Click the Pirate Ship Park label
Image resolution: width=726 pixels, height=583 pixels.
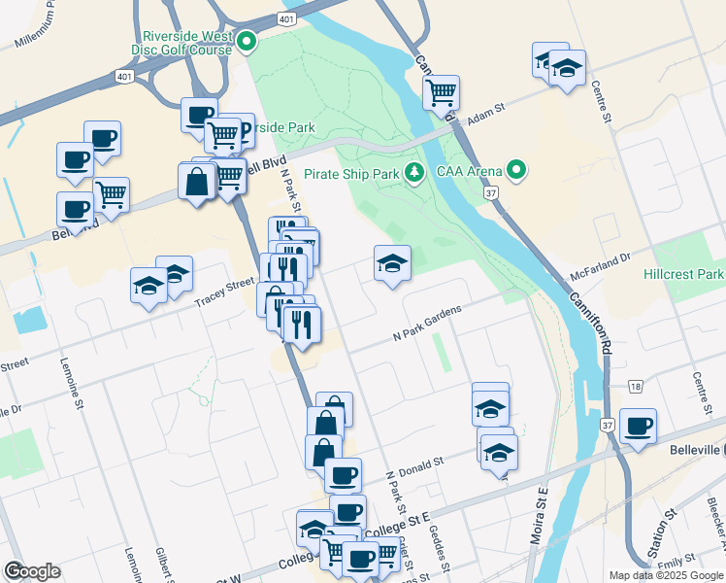point(351,174)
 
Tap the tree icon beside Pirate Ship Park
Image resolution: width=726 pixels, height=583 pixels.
point(415,172)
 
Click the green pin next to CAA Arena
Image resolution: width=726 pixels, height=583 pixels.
point(516,172)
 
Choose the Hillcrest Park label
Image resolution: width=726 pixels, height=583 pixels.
point(683,274)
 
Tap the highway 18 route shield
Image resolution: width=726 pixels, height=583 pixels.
point(636,387)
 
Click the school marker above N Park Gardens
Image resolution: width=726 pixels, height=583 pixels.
point(391,263)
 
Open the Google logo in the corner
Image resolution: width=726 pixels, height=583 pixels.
point(32,571)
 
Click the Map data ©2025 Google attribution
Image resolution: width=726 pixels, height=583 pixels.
point(665,575)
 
